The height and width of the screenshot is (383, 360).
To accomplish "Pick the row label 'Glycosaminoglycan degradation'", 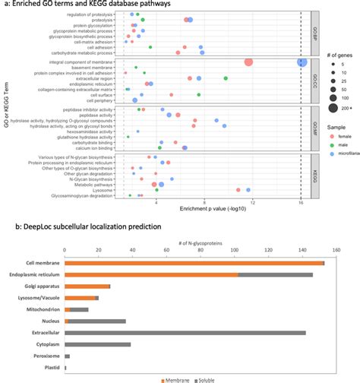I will tap(81, 195).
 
